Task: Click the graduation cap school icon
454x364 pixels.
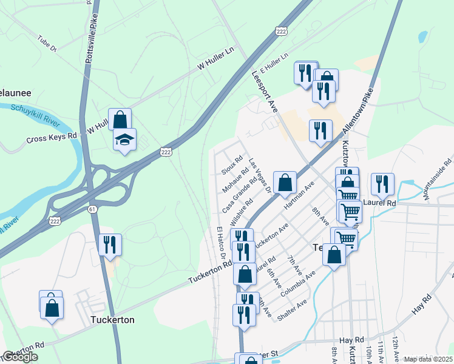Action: (x=124, y=140)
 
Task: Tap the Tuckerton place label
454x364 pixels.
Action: (x=112, y=320)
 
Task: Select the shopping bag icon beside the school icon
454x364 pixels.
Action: (x=120, y=119)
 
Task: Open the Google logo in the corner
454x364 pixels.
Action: (x=19, y=357)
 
